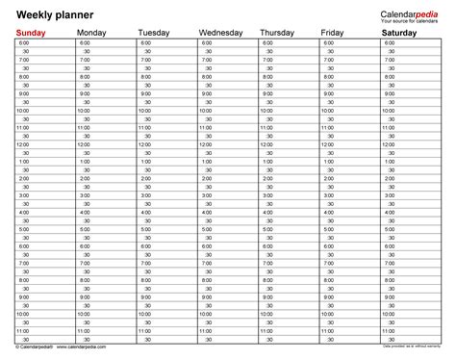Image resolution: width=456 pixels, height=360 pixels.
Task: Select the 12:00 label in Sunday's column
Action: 23,144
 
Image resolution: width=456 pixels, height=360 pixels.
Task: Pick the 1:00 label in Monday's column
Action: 85,162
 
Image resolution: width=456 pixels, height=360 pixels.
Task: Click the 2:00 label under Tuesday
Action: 145,178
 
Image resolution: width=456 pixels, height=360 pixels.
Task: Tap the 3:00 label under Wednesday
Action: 207,195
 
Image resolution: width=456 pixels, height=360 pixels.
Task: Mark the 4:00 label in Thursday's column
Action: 267,212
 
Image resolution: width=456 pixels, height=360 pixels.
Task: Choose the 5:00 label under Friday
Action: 328,229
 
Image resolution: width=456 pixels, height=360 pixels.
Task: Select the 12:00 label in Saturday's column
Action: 390,144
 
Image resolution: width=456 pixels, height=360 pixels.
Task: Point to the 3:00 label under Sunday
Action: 23,195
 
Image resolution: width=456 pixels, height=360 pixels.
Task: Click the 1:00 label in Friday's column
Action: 328,162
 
